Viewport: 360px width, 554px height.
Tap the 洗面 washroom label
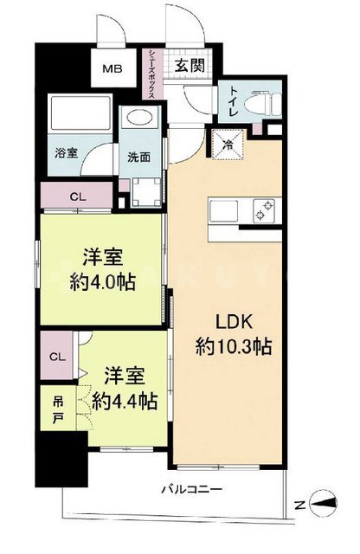click(138, 158)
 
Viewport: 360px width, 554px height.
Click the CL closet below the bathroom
click(77, 196)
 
